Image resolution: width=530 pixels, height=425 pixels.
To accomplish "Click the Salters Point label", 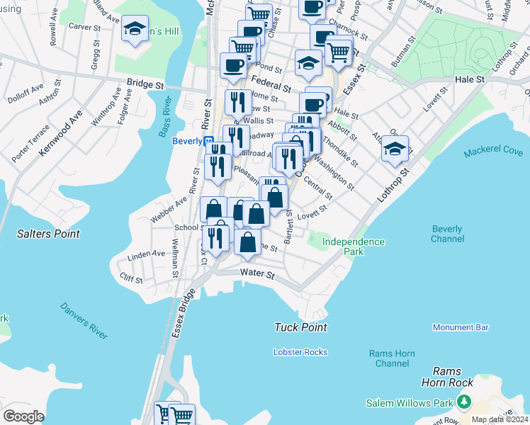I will (49, 234).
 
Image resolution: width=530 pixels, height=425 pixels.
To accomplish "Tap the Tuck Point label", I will (301, 327).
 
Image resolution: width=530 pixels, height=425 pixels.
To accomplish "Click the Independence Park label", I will (353, 246).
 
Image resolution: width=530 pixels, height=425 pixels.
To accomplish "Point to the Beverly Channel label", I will (447, 234).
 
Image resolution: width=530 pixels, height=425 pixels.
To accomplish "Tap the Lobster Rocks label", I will (300, 352).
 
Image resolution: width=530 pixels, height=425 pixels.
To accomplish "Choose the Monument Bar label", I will (461, 327).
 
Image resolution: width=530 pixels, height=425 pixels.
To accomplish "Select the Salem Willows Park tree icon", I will (464, 402).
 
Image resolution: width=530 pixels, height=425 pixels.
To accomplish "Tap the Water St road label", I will (256, 273).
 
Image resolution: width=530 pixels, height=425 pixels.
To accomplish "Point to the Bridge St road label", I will (145, 84).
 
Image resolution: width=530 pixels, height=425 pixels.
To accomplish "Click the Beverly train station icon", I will (209, 142).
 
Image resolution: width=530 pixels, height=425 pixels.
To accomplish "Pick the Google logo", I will (23, 416).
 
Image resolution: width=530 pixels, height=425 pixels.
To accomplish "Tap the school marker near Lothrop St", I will (395, 149).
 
